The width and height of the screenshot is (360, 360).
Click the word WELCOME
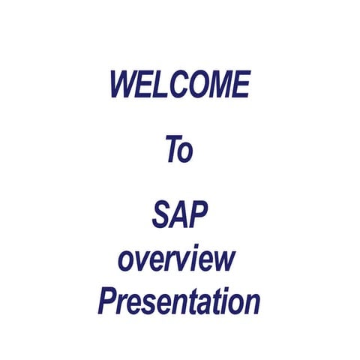coord(180,84)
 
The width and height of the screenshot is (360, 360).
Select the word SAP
coord(180,216)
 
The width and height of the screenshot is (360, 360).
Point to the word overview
coord(177,259)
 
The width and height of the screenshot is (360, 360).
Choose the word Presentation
coord(178,302)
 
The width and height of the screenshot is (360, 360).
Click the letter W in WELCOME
coord(124,84)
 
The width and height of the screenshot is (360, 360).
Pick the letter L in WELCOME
coord(161,84)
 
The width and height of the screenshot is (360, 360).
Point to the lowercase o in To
coord(187,152)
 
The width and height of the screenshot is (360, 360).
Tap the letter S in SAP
coord(162,216)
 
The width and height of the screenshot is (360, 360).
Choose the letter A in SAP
coord(180,216)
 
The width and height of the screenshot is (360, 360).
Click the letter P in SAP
coord(199,216)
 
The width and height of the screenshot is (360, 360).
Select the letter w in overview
coord(224,262)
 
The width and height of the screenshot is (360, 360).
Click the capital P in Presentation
coord(108,302)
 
